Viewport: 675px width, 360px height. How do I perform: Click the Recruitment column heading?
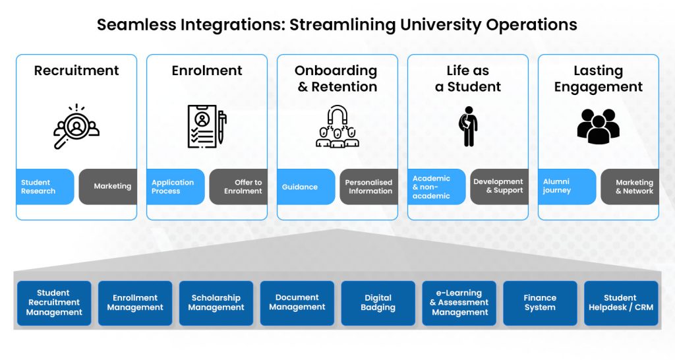click(x=76, y=71)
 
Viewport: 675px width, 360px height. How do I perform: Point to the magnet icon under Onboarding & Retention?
click(x=337, y=126)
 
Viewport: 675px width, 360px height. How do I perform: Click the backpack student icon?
click(x=468, y=126)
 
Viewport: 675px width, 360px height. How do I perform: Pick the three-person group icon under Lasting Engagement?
click(x=598, y=126)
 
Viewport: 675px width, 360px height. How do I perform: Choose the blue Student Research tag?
click(x=45, y=187)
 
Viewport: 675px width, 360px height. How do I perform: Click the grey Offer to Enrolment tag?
click(x=239, y=187)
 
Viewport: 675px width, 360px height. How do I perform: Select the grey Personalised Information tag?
click(x=368, y=187)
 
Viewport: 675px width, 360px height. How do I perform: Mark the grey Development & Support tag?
click(x=499, y=187)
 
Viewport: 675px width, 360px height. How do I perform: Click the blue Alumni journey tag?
click(x=567, y=187)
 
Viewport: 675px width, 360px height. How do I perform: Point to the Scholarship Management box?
click(x=216, y=303)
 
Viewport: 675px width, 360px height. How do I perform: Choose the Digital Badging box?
click(x=378, y=303)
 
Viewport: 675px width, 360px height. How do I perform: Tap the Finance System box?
click(x=540, y=303)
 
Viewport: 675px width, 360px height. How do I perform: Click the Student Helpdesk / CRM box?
click(x=621, y=303)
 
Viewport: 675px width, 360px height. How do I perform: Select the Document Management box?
click(x=297, y=303)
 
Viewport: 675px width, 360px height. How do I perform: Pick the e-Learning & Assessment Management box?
click(x=459, y=303)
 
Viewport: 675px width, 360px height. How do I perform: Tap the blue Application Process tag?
click(x=175, y=187)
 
